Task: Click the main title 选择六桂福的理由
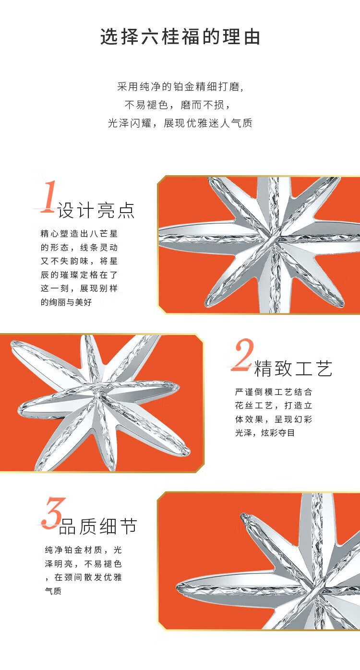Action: click(x=180, y=37)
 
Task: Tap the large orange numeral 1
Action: click(x=48, y=197)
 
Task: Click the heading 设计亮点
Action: click(x=96, y=210)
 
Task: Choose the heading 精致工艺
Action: click(x=294, y=368)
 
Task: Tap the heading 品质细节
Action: click(x=98, y=526)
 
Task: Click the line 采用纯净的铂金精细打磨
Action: click(x=180, y=87)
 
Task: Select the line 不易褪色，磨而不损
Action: click(x=178, y=105)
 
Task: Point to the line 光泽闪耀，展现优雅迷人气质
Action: click(x=180, y=123)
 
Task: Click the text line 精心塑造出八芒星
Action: click(x=79, y=233)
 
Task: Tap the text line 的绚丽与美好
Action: click(x=66, y=302)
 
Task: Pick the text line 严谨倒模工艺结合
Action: click(x=274, y=392)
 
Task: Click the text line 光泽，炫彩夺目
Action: click(x=265, y=433)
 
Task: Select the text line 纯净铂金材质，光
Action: click(x=84, y=550)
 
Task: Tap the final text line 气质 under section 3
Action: click(x=53, y=591)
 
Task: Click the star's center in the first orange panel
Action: click(x=273, y=241)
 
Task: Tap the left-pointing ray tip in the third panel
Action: click(x=177, y=587)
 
